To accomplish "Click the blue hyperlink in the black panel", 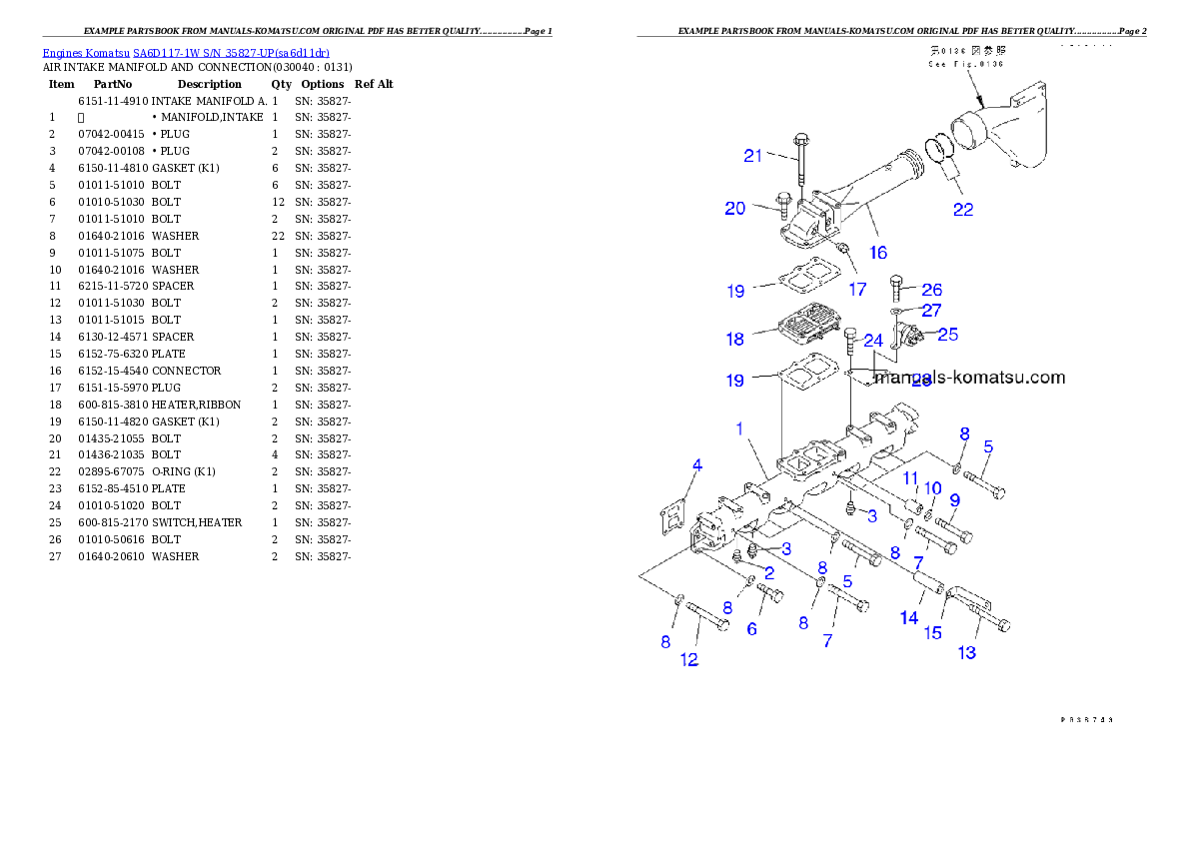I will pos(186,52).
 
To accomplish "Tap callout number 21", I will pos(753,155).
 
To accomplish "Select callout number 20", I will pos(735,208).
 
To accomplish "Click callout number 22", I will pos(962,210).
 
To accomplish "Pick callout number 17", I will pos(857,290).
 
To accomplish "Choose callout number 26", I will pos(931,290).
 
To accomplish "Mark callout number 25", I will pos(947,334).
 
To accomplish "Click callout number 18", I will pos(735,339).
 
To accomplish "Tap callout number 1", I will pos(739,428).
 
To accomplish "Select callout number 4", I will pos(697,464).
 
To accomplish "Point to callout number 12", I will pos(689,659).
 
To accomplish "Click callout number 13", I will pos(967,653).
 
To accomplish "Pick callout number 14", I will pos(908,618).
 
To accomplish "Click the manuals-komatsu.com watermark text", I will pos(969,378).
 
